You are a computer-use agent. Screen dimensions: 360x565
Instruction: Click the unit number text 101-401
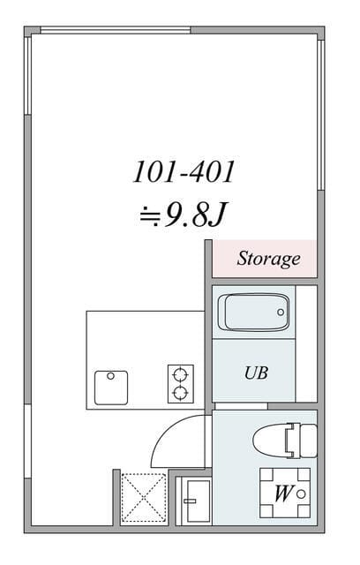(x=184, y=172)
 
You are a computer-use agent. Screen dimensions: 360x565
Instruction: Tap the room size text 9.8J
(x=195, y=215)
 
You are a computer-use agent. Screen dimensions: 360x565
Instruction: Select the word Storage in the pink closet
(x=268, y=259)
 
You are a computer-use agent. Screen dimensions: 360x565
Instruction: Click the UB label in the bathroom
(x=256, y=373)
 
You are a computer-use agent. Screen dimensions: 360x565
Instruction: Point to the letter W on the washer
(x=283, y=493)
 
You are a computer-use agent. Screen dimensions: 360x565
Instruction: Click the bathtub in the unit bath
(x=253, y=313)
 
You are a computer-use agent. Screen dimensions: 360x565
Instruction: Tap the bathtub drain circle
(x=281, y=313)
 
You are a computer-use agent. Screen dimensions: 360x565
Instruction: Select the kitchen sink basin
(x=111, y=388)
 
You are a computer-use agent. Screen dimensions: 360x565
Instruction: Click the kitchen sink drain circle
(x=110, y=376)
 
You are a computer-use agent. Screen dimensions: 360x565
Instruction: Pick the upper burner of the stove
(x=180, y=375)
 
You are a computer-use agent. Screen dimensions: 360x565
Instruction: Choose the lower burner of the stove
(x=180, y=393)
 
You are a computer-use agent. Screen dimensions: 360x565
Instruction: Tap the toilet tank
(x=308, y=441)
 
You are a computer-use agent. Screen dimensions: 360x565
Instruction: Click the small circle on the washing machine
(x=301, y=494)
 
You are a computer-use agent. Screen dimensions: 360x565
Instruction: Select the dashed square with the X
(x=144, y=498)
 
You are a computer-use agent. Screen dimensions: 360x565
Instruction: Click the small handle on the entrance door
(x=190, y=501)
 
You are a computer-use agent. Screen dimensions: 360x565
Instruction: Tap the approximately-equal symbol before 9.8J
(x=150, y=215)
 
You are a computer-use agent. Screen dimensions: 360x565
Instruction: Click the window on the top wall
(x=116, y=30)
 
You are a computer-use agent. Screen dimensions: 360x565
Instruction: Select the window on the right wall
(x=321, y=115)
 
